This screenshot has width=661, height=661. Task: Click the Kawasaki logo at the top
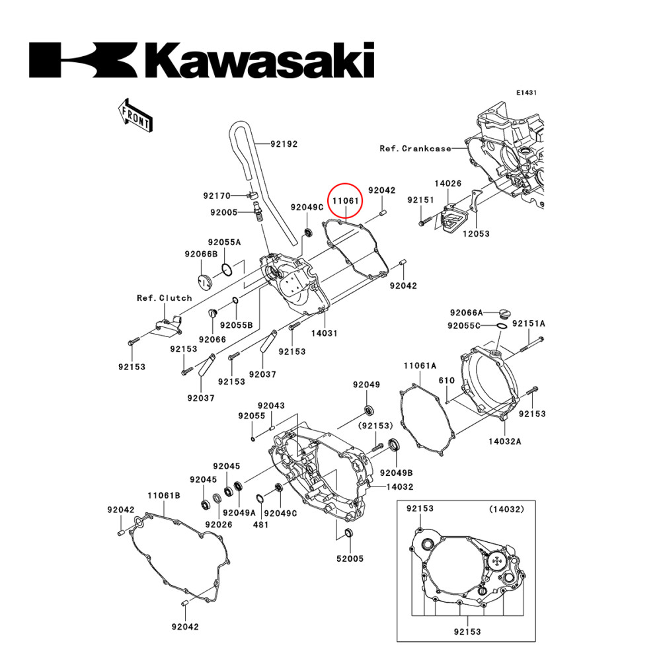(202, 61)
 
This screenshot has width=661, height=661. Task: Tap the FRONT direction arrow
(134, 114)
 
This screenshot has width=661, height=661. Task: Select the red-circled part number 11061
(345, 200)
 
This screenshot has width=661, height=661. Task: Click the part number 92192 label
(284, 142)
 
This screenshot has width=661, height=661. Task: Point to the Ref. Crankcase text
(415, 149)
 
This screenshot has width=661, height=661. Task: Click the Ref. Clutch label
(164, 297)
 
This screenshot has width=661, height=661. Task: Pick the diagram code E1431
(526, 93)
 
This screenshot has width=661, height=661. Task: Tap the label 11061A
(420, 366)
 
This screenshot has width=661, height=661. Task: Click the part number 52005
(350, 559)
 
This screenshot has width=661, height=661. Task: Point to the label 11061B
(164, 495)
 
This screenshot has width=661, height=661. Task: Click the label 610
(447, 381)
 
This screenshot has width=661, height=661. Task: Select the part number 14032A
(505, 441)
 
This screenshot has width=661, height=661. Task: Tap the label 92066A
(467, 312)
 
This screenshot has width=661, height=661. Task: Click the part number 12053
(475, 234)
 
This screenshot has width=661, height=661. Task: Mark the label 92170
(216, 196)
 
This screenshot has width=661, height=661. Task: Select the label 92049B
(396, 473)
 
